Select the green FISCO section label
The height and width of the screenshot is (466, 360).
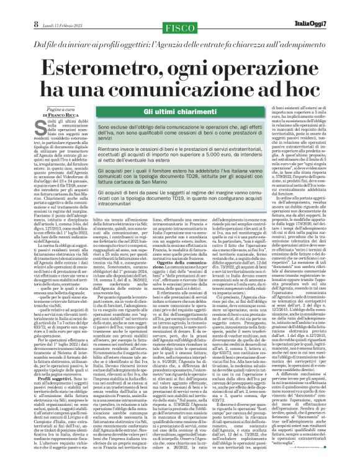point(178,9)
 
